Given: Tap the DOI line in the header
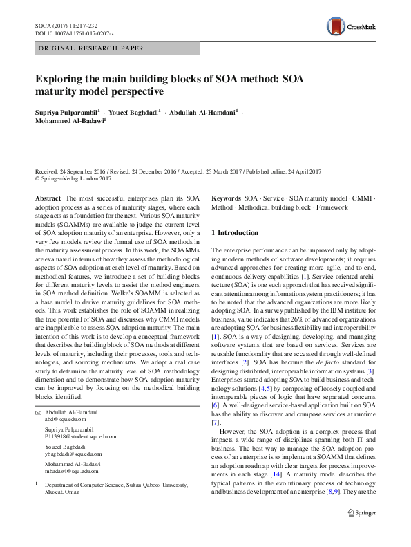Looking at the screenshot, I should tap(75, 33).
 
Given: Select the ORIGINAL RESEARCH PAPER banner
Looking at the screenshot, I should tap(90, 48).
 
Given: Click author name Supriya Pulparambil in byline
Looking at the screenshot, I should tap(66, 111).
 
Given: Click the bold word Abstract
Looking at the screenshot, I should tap(48, 198).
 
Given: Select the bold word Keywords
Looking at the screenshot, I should tap(226, 198).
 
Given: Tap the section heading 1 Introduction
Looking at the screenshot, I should tap(235, 233).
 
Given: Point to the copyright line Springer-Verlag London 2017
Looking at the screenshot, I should tap(76, 179).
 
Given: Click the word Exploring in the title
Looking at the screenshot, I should tap(61, 78).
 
